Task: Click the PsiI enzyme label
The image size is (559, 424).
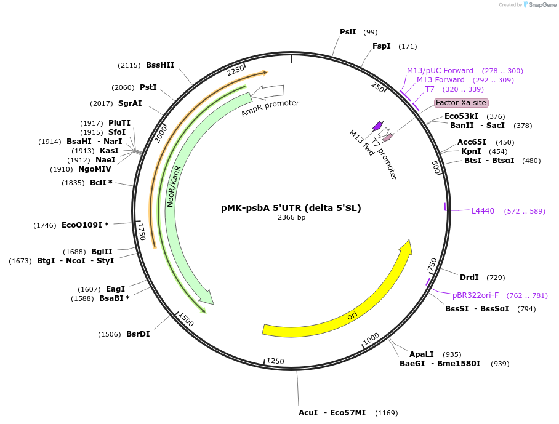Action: pyautogui.click(x=348, y=32)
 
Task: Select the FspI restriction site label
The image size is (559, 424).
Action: pyautogui.click(x=381, y=46)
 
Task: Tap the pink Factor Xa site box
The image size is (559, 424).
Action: pyautogui.click(x=461, y=103)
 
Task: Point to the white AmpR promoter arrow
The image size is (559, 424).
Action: pyautogui.click(x=268, y=92)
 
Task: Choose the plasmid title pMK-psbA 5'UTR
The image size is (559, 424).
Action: pyautogui.click(x=291, y=208)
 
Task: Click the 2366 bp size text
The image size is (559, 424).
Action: pyautogui.click(x=291, y=218)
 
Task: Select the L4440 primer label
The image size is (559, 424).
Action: pyautogui.click(x=483, y=211)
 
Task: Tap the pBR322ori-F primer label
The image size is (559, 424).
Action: pyautogui.click(x=475, y=295)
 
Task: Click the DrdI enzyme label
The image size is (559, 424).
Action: pyautogui.click(x=469, y=278)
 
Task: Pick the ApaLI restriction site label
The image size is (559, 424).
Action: pyautogui.click(x=422, y=354)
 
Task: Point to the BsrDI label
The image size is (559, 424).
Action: pyautogui.click(x=138, y=334)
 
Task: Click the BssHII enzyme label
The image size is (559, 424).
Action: pyautogui.click(x=160, y=65)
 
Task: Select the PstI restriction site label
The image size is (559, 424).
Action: pyautogui.click(x=148, y=87)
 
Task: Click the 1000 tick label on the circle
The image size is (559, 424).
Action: pyautogui.click(x=371, y=339)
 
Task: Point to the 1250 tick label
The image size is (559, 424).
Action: pyautogui.click(x=275, y=361)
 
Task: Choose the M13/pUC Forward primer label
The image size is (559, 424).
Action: pyautogui.click(x=440, y=71)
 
